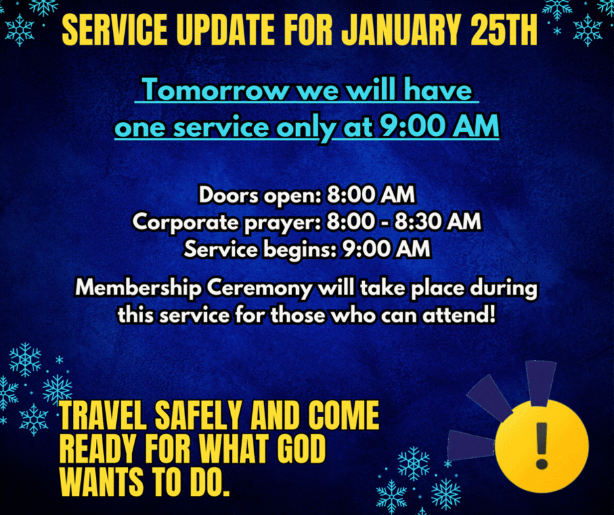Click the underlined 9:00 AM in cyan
[x=439, y=126]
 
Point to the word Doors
[x=229, y=195]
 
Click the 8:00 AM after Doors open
[x=370, y=195]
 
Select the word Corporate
[x=186, y=222]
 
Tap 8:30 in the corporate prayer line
[x=418, y=221]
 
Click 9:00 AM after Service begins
[x=386, y=249]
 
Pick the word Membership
[x=139, y=288]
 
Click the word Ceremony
[x=259, y=289]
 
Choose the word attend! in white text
[x=459, y=315]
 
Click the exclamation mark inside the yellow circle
[x=542, y=445]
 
